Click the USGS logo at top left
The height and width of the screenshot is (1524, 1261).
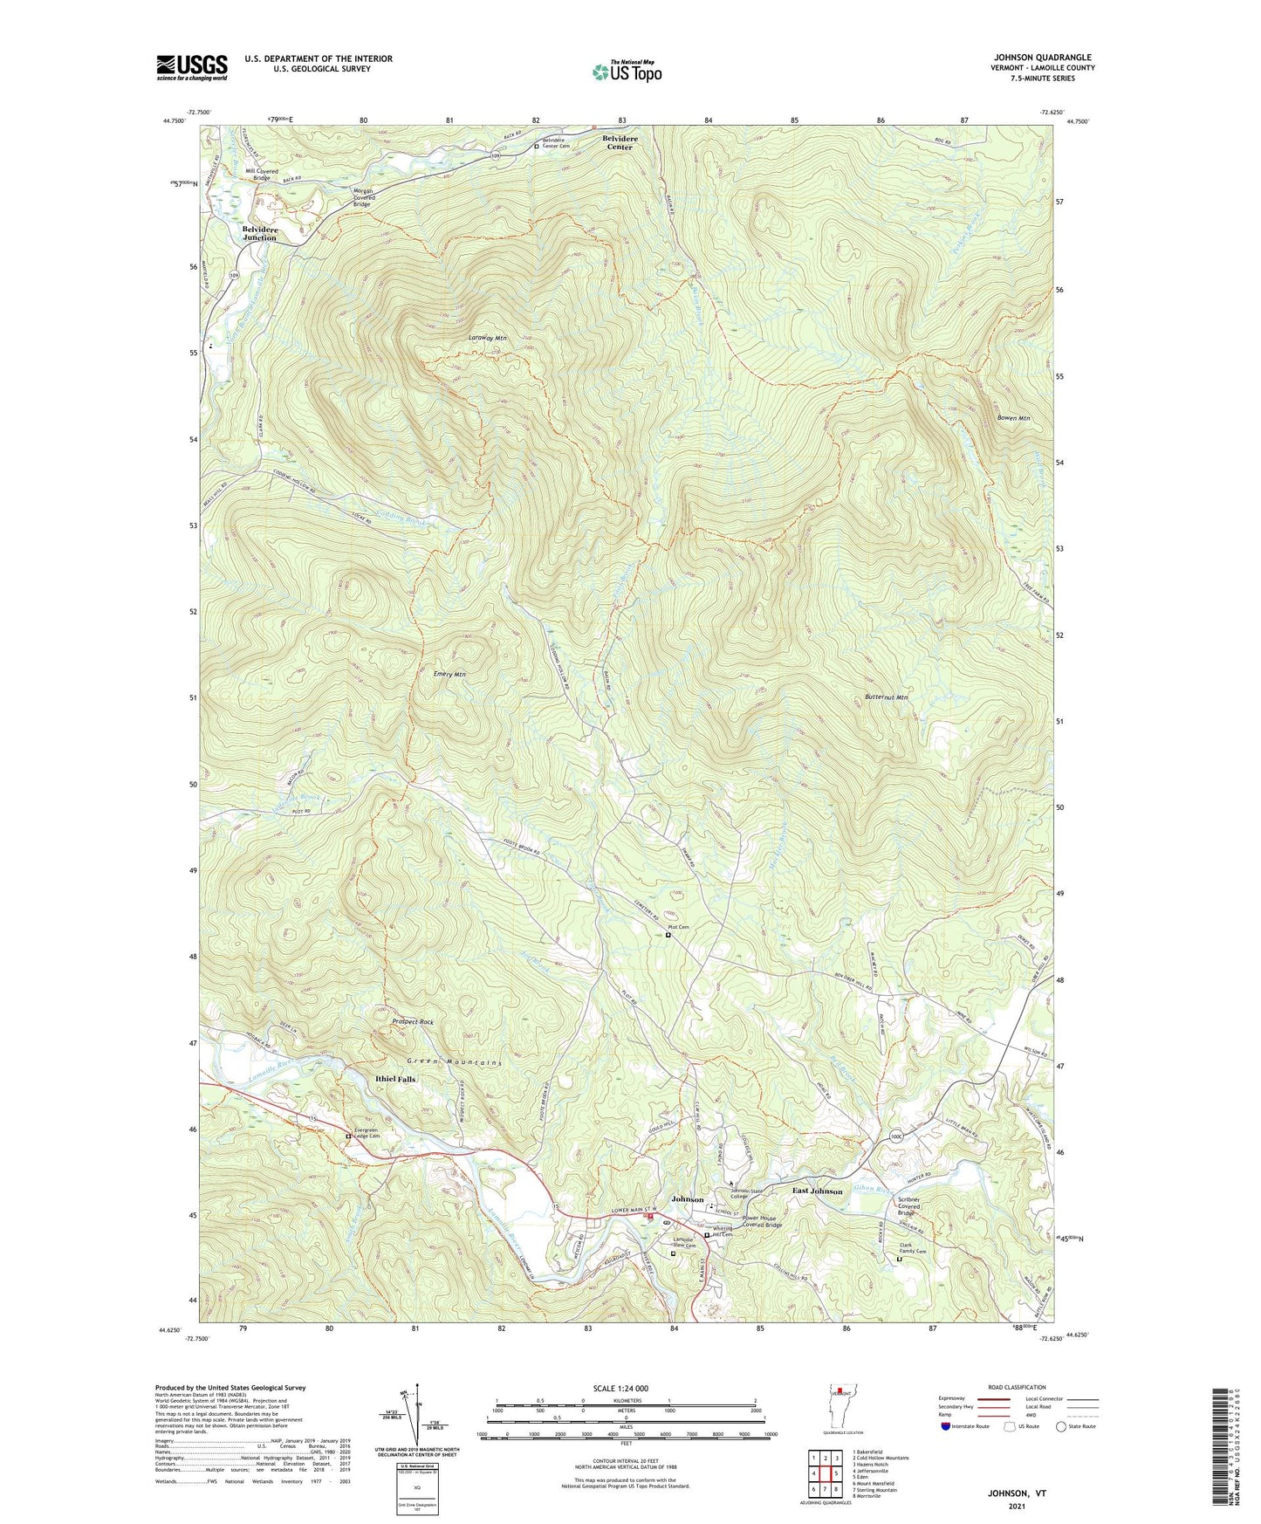point(192,67)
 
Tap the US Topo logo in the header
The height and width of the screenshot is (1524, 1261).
point(626,72)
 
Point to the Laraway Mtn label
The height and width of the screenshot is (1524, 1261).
point(487,338)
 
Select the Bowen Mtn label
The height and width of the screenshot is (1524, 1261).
point(1013,418)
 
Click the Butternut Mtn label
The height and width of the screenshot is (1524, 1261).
point(887,697)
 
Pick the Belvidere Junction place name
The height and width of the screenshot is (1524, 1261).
point(259,233)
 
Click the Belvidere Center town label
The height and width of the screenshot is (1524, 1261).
point(620,142)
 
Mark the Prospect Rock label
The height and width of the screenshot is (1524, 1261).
point(413,1021)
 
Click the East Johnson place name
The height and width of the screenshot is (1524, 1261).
point(817,1191)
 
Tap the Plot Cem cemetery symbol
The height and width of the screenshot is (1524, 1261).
point(668,935)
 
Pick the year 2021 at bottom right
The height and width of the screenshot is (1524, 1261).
point(1017,1506)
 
